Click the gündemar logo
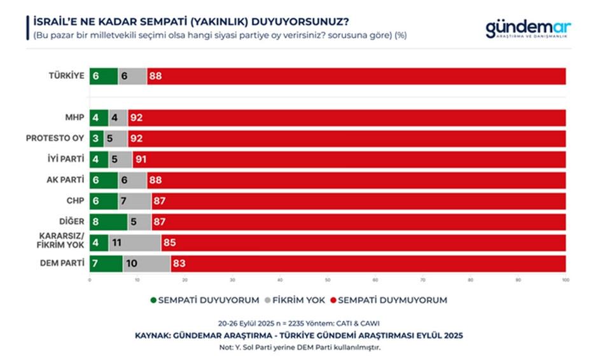[x=528, y=29]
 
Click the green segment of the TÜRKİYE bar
[x=104, y=76]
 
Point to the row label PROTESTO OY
[x=55, y=139]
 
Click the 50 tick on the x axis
[x=327, y=279]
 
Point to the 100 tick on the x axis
[x=565, y=279]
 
